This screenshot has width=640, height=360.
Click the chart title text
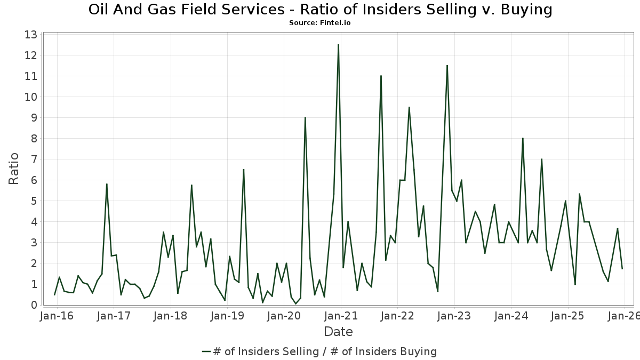coord(320,10)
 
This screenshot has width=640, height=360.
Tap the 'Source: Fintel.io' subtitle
coord(320,23)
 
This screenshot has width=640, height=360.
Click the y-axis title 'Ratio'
coord(14,169)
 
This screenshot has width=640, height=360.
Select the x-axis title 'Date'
coord(338,332)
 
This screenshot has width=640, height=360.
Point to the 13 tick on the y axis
coord(30,35)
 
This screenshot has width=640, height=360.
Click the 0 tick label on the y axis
coord(33,305)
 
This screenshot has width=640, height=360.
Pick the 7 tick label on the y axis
coord(33,159)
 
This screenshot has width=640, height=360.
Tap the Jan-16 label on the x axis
coord(57,316)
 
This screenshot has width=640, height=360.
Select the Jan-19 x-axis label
coord(227,316)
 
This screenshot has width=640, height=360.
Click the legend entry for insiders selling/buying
coord(319,351)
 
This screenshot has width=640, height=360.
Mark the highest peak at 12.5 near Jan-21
coord(338,45)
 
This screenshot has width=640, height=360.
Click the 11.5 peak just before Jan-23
coord(447,66)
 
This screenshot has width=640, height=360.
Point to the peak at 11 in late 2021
coord(381,76)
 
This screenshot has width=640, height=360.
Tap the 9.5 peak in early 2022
coord(409,107)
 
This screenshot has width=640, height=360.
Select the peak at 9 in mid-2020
coord(305,117)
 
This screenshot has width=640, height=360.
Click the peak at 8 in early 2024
coord(523,138)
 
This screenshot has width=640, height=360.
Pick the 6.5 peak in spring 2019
coord(244,170)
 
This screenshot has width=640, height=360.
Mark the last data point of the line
coord(622,268)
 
